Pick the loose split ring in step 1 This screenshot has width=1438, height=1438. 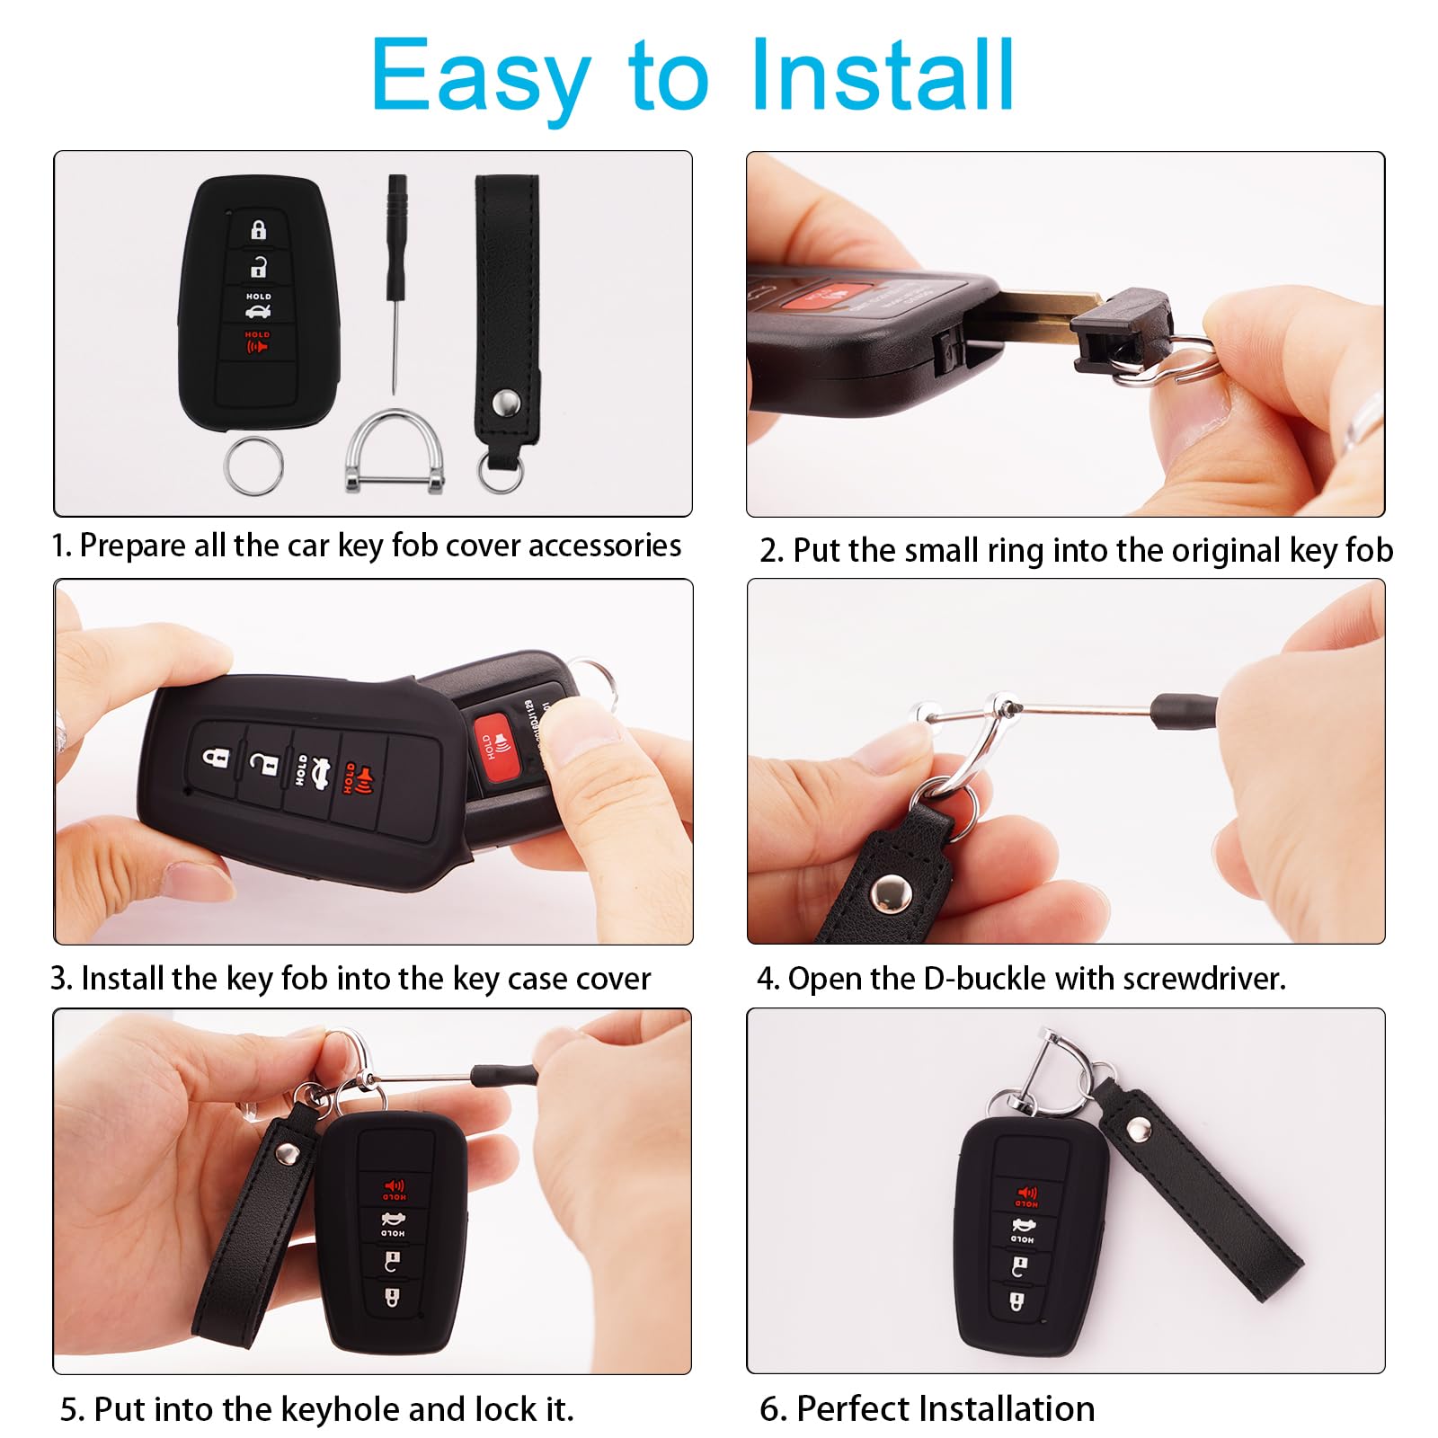coord(254,466)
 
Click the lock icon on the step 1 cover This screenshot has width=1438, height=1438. coord(259,230)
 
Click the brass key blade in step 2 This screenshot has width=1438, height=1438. coord(1043,312)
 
